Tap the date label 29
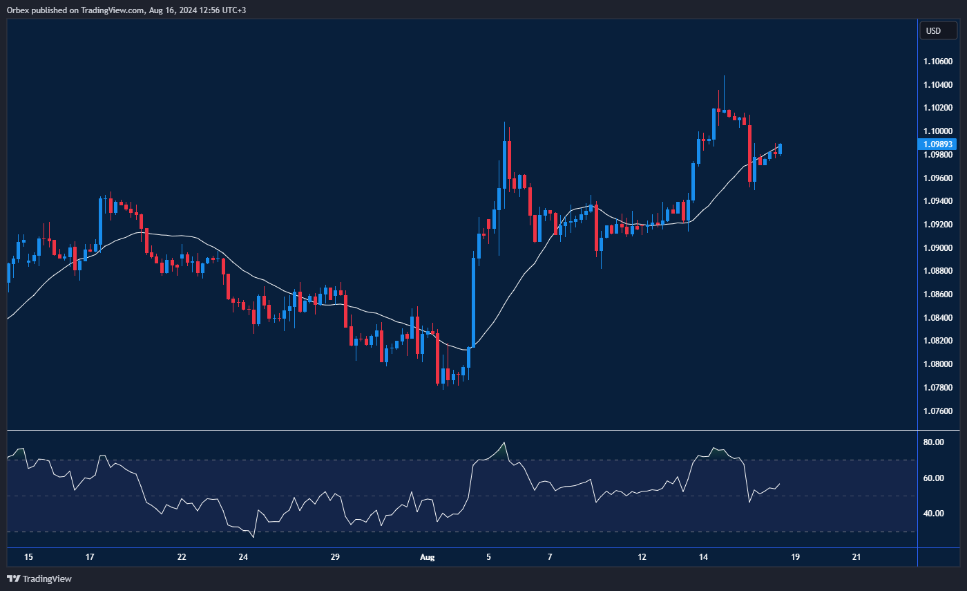pyautogui.click(x=335, y=557)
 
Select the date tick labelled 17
pyautogui.click(x=90, y=557)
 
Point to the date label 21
pyautogui.click(x=856, y=557)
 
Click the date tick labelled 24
pyautogui.click(x=243, y=557)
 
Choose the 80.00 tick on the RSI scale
pyautogui.click(x=935, y=442)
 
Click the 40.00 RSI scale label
pyautogui.click(x=935, y=514)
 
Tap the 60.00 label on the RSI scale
pyautogui.click(x=935, y=478)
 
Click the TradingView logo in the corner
pyautogui.click(x=39, y=579)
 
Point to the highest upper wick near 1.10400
pyautogui.click(x=724, y=77)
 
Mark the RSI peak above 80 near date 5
pyautogui.click(x=505, y=443)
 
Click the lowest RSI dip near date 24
pyautogui.click(x=253, y=536)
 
